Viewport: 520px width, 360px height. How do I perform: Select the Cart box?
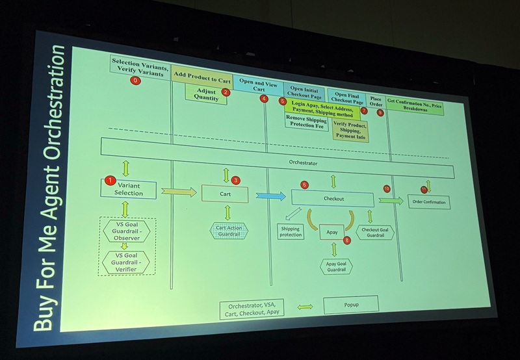click(225, 193)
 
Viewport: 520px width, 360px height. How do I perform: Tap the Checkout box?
click(332, 198)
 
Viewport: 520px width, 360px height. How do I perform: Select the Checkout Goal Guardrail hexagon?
click(375, 232)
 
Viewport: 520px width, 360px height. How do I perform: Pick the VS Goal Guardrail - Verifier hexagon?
click(125, 262)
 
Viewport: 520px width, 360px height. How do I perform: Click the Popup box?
click(350, 303)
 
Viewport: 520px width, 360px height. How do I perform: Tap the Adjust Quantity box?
click(206, 94)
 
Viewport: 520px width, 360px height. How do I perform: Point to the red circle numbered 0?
click(135, 81)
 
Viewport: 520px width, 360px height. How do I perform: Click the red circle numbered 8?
click(346, 240)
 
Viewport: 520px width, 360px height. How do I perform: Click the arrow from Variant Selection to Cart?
click(178, 192)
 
